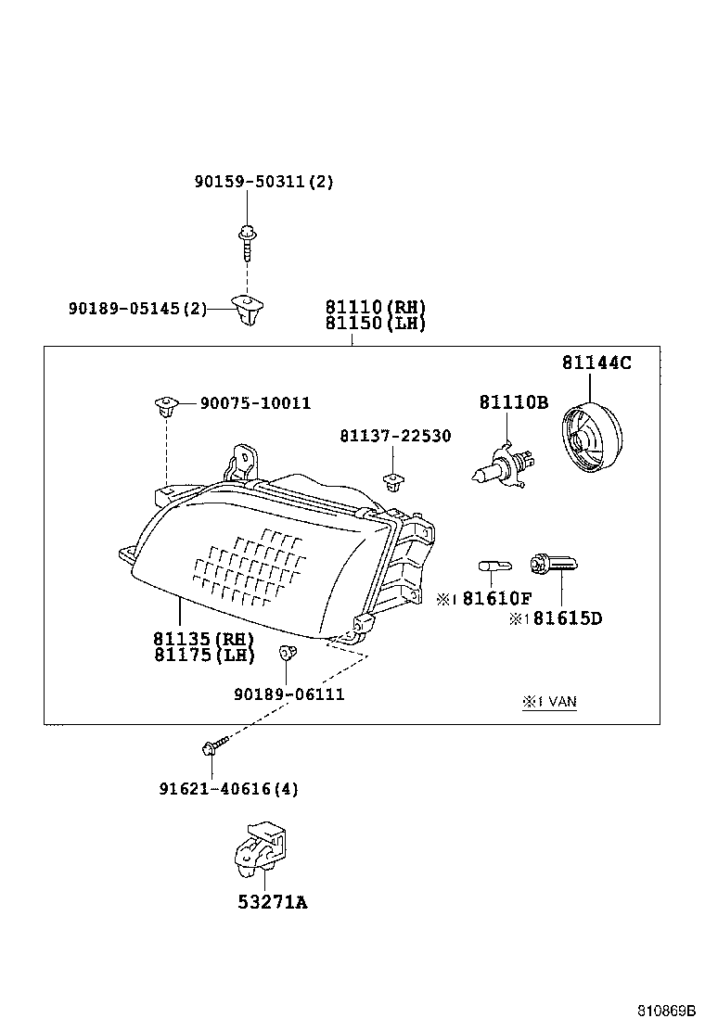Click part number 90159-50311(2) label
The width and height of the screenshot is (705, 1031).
click(x=263, y=183)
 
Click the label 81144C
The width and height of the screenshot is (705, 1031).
click(x=596, y=363)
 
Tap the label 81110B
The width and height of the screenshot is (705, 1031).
click(x=514, y=402)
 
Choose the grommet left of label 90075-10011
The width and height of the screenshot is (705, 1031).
click(x=165, y=404)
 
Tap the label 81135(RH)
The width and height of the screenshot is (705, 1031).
click(x=204, y=639)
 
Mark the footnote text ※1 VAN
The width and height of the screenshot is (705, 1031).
click(x=549, y=702)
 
